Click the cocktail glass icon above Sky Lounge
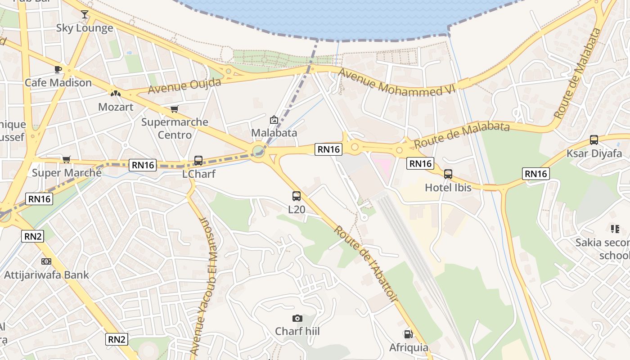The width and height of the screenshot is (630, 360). click(85, 14)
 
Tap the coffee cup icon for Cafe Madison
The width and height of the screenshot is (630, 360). click(58, 69)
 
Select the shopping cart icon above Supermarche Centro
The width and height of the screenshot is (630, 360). click(174, 109)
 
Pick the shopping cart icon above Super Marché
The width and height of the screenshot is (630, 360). click(67, 159)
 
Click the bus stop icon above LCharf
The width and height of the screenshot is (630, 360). click(198, 160)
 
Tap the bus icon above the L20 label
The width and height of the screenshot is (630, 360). click(296, 196)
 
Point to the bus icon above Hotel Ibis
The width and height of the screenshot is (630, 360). click(448, 174)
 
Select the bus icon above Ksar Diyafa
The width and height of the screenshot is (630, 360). click(594, 140)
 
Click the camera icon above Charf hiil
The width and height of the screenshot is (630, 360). click(297, 319)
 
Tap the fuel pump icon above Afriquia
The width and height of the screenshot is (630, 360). click(408, 334)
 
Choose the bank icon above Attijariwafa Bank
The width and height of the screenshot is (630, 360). click(46, 261)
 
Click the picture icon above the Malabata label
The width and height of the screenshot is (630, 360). click(274, 120)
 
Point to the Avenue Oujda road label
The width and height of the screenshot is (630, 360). click(184, 86)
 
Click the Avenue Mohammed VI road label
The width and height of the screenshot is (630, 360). click(397, 82)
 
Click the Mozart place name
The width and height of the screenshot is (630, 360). click(116, 107)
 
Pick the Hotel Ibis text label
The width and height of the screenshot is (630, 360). click(448, 187)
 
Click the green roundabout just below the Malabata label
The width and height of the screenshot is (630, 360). click(258, 150)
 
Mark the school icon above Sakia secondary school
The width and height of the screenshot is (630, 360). click(615, 229)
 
